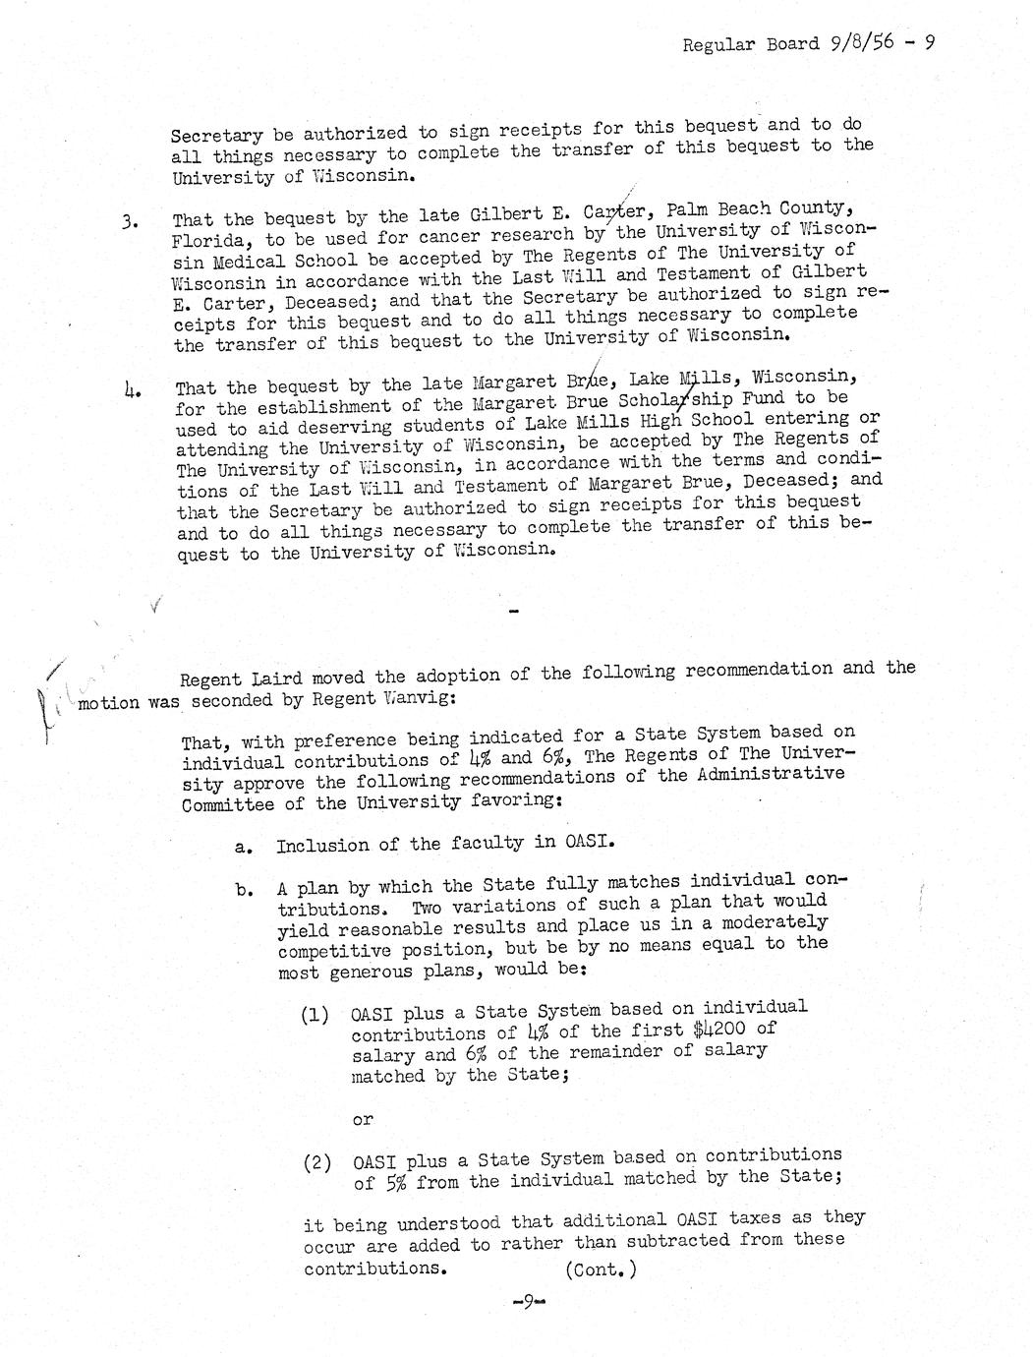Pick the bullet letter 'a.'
(247, 847)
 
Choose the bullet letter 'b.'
(247, 890)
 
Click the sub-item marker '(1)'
(315, 1015)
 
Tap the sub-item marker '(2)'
(316, 1161)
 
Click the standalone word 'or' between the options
(363, 1119)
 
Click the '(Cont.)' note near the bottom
(602, 1268)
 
